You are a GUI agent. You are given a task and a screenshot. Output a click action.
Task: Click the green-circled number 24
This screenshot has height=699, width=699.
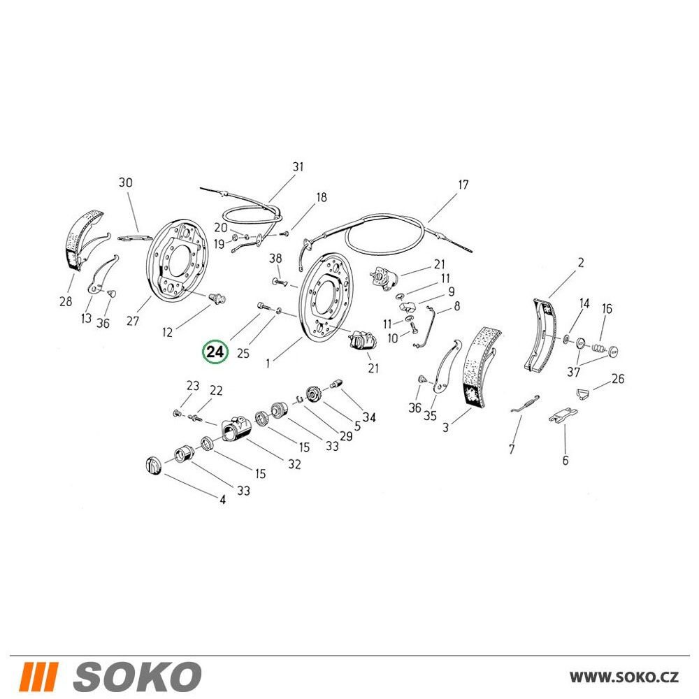215,352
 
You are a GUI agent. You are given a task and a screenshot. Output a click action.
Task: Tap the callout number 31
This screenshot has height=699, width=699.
298,167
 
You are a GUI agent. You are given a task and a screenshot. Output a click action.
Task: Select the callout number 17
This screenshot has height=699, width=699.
463,185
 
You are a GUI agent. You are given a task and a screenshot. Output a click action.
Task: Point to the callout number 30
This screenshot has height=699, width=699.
126,182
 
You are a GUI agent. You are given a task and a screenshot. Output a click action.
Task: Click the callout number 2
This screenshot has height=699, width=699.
581,263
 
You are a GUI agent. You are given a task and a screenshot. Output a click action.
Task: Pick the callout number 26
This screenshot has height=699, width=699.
618,379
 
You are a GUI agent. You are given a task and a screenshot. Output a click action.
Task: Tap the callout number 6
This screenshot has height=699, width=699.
565,460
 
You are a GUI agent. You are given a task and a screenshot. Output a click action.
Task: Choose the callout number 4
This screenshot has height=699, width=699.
222,500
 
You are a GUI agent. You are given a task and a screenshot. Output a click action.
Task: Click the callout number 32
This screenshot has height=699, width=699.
294,464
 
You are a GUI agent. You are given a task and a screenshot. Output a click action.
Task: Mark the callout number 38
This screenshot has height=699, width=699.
275,258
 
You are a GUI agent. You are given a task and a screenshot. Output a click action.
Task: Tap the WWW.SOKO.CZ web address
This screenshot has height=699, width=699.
624,677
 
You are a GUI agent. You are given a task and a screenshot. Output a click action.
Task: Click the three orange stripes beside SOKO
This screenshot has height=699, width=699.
38,677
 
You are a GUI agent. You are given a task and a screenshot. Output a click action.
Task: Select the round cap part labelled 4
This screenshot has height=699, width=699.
153,466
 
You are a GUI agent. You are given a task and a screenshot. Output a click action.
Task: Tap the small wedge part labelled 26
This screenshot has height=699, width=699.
584,393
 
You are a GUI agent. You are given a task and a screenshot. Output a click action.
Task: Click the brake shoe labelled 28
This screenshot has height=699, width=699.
82,238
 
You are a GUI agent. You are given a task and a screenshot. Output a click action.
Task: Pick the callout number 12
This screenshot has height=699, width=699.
167,332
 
